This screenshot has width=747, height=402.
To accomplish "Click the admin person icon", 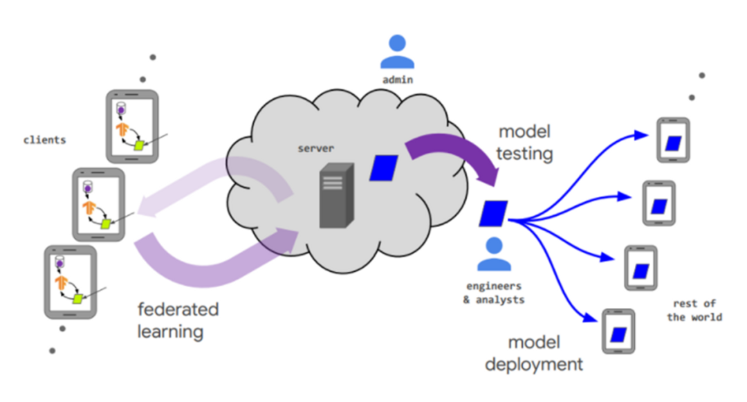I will [x=398, y=52].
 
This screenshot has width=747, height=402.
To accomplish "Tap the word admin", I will [x=398, y=80].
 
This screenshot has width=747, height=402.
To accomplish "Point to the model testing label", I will [x=526, y=143].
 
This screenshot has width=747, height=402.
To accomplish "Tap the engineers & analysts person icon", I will [x=495, y=254].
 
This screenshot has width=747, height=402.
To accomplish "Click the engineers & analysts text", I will [x=494, y=293].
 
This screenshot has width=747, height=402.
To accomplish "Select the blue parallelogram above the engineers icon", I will [x=494, y=213].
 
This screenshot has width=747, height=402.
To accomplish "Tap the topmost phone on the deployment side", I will [x=672, y=140].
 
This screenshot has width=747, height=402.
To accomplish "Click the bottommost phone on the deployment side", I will [x=618, y=331].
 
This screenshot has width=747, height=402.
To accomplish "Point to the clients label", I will [x=44, y=140].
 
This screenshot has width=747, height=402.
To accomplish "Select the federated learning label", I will [x=178, y=320].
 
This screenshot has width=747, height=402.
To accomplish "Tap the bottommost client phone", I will [x=70, y=281].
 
